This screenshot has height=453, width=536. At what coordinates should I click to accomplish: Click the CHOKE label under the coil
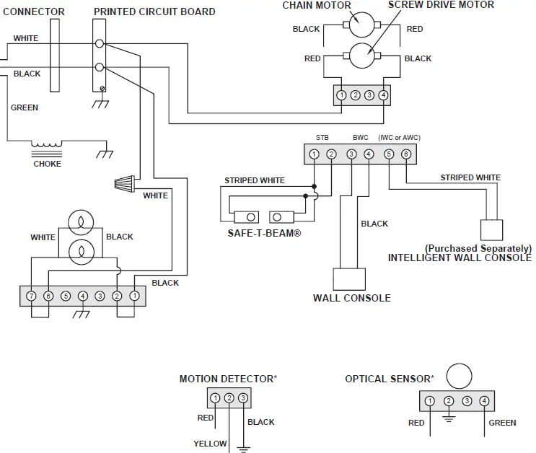[x=48, y=164]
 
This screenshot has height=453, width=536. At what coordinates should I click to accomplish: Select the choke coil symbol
[x=47, y=146]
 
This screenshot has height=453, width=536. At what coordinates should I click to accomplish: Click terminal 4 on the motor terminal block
[x=383, y=94]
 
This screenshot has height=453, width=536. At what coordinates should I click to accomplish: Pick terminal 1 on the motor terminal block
[x=341, y=94]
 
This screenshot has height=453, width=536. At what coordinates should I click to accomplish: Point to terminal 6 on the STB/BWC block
[x=406, y=154]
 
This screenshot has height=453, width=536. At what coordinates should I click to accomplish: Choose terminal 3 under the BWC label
[x=351, y=154]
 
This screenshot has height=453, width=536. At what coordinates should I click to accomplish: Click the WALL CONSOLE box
[x=349, y=279]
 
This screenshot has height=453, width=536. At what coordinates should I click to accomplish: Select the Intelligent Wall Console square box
[x=493, y=229]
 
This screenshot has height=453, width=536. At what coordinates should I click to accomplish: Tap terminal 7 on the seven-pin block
[x=31, y=296]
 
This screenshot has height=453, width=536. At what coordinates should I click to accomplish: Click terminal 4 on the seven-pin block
[x=83, y=296]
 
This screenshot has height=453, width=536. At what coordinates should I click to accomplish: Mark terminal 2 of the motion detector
[x=229, y=398]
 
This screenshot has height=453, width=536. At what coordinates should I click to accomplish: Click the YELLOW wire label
[x=210, y=444]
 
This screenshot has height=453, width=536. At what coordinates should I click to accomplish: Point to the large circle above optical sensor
[x=458, y=376]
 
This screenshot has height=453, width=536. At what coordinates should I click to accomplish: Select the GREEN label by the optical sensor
[x=502, y=423]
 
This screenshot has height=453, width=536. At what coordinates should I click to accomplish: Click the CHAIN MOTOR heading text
[x=316, y=5]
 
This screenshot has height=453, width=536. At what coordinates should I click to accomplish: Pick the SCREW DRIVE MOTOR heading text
[x=441, y=5]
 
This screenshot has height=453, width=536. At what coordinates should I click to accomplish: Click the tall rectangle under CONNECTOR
[x=55, y=56]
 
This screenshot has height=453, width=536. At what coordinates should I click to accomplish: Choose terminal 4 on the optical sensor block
[x=484, y=401]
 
